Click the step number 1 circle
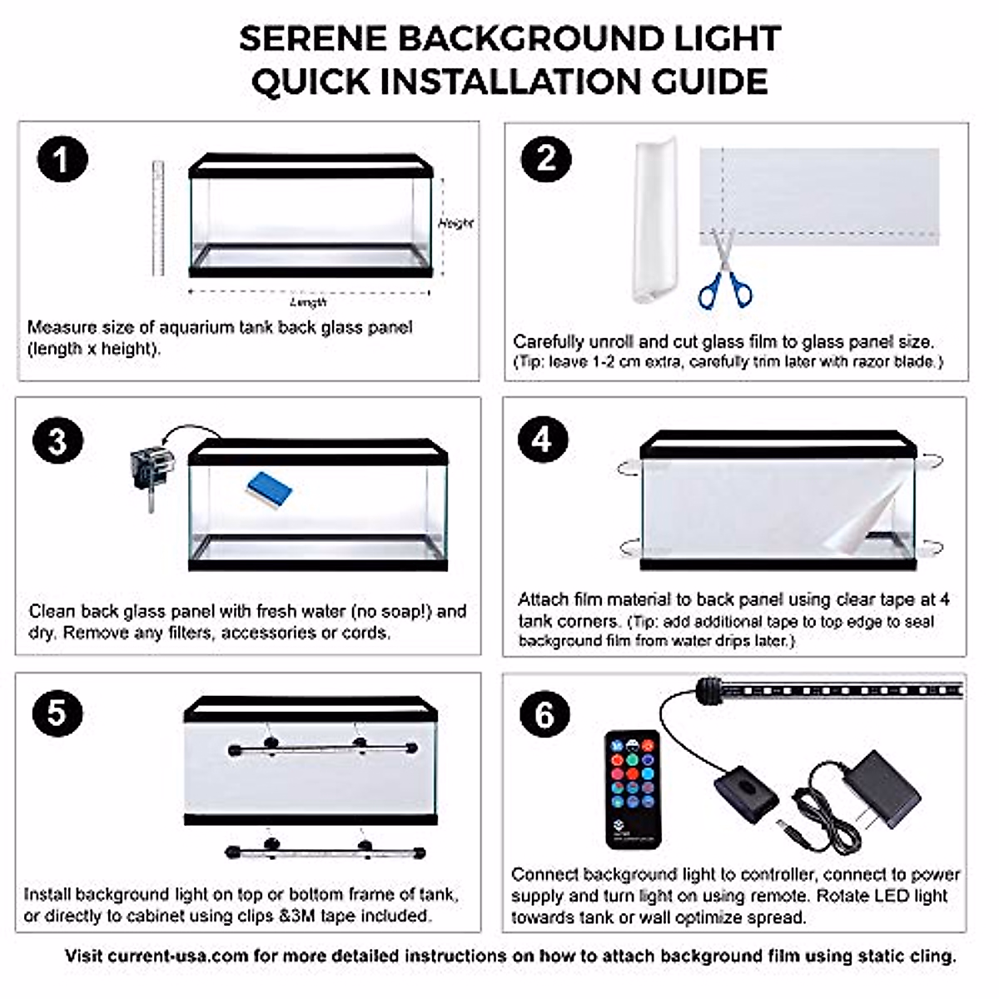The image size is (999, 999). coord(62,159)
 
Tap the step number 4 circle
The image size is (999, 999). coord(543,439)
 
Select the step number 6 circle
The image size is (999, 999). coord(544,714)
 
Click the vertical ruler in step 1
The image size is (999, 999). coord(157,218)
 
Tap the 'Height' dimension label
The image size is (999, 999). coord(455,223)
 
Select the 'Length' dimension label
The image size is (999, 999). coord(308,302)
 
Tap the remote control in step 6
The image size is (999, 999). coord(633,788)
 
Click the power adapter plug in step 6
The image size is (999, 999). coord(887,790)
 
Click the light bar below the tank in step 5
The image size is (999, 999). coord(325,852)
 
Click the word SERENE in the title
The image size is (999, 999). coord(312,38)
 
